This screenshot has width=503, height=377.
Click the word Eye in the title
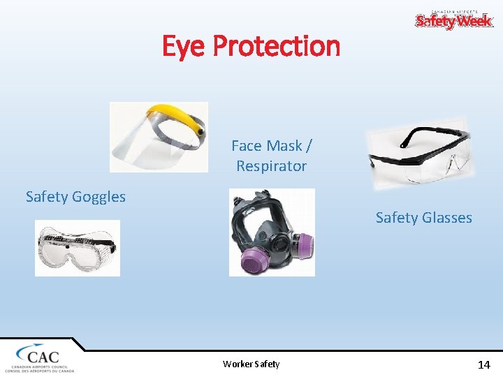click(x=184, y=47)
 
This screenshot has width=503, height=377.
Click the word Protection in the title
click(x=276, y=47)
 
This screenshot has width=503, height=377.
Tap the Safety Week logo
click(x=454, y=20)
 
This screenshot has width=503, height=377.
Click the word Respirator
click(x=271, y=166)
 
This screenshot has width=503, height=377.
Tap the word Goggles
click(x=99, y=197)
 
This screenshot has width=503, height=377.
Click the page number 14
click(x=483, y=364)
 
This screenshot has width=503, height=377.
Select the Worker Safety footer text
click(x=251, y=364)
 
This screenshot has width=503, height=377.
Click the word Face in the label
click(x=245, y=146)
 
